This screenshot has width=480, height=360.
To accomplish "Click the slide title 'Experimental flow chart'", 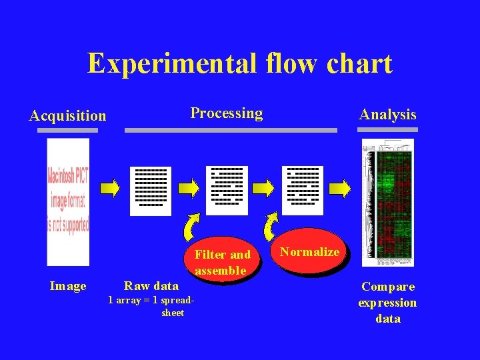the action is pyautogui.click(x=240, y=64).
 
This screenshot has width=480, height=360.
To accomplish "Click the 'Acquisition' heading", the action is pyautogui.click(x=67, y=116).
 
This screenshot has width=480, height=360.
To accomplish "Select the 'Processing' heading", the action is pyautogui.click(x=227, y=113).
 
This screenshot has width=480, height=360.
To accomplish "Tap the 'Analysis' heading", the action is pyautogui.click(x=387, y=115).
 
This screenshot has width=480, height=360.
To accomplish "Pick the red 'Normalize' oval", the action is pyautogui.click(x=309, y=252).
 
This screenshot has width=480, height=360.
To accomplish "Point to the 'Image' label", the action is pyautogui.click(x=68, y=287).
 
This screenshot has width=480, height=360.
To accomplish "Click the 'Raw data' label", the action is pyautogui.click(x=151, y=286).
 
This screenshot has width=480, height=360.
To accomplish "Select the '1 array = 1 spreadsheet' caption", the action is pyautogui.click(x=152, y=307).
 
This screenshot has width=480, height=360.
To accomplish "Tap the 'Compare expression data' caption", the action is pyautogui.click(x=387, y=303).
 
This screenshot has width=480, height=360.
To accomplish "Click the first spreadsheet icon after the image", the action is pyautogui.click(x=151, y=191).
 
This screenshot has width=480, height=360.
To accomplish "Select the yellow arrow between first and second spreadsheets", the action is pyautogui.click(x=189, y=188).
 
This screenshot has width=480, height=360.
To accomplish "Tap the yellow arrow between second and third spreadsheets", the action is pyautogui.click(x=264, y=188).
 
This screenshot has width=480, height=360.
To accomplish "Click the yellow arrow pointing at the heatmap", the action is pyautogui.click(x=340, y=189).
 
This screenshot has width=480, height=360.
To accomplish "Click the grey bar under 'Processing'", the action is pyautogui.click(x=231, y=131).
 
